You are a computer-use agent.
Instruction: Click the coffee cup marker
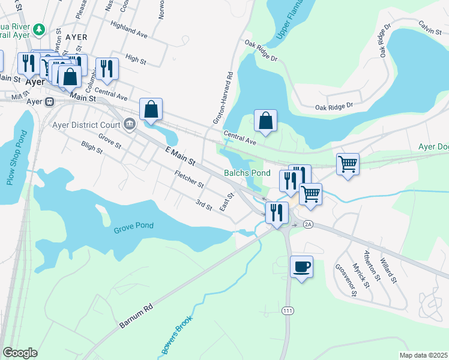click(x=301, y=266)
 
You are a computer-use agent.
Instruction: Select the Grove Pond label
click(x=133, y=226)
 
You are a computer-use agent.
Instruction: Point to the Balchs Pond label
click(x=247, y=173)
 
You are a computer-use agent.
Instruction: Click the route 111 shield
click(x=288, y=310)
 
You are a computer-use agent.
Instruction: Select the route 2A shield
click(x=309, y=224)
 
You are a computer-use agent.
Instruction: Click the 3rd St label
click(x=204, y=205)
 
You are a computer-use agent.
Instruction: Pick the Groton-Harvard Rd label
click(x=222, y=98)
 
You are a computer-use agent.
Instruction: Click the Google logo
click(x=20, y=352)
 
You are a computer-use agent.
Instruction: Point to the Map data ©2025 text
click(x=423, y=355)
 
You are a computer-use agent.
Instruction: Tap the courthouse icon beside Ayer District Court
click(x=129, y=125)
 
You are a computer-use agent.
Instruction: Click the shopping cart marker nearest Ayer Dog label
click(x=348, y=163)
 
